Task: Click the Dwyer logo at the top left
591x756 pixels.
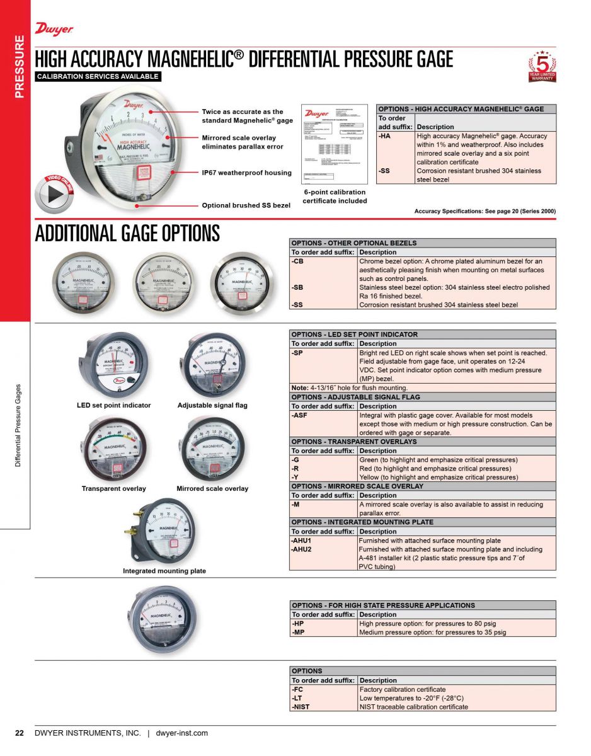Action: click(54, 28)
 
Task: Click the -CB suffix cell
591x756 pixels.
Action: click(298, 261)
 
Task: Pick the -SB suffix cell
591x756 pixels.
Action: click(298, 287)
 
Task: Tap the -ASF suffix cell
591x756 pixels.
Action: click(300, 416)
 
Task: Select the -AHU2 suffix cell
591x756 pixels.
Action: click(302, 549)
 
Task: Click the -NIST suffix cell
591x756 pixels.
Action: click(301, 707)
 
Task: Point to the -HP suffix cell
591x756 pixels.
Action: click(298, 624)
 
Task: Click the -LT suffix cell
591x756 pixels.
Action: click(297, 698)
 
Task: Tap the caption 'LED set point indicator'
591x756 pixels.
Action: click(114, 406)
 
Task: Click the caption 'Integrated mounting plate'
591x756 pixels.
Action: click(164, 571)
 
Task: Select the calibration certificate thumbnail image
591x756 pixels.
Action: click(335, 144)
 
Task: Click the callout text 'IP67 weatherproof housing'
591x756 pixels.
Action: click(246, 173)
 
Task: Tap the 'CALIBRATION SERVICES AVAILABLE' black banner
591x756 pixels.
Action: click(98, 77)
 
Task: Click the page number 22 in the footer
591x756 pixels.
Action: click(20, 733)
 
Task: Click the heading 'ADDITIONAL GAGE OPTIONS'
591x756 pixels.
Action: click(127, 233)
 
